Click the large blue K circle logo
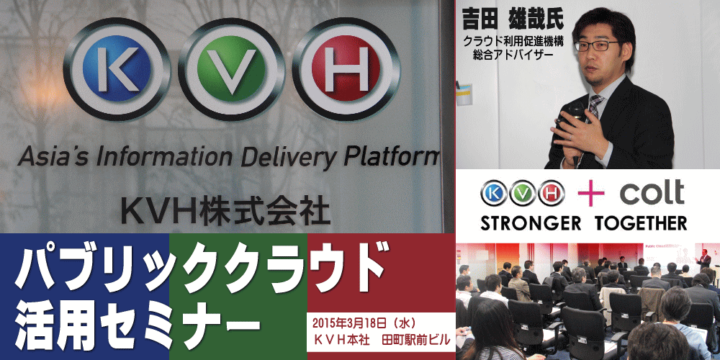117,69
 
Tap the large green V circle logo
231,69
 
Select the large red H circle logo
346,69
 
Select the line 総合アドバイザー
512,55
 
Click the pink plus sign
591,192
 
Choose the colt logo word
652,192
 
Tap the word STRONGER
531,223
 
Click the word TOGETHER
641,223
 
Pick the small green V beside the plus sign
523,193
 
